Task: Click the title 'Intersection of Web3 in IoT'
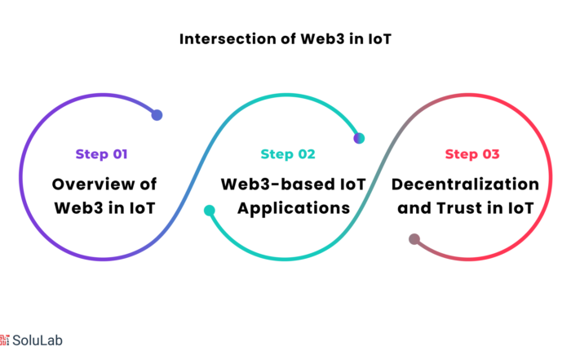tap(285, 39)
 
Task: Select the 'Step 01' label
tap(102, 154)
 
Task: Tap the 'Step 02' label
tap(288, 154)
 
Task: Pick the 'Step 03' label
tap(472, 154)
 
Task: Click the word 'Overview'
tap(93, 184)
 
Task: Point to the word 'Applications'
tap(294, 209)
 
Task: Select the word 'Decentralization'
tap(465, 184)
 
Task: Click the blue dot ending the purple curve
tap(157, 115)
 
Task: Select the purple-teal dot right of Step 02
tap(359, 139)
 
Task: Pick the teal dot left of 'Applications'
tap(210, 211)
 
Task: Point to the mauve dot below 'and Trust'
tap(414, 239)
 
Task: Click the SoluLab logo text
tap(38, 340)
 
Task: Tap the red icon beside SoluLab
tap(5, 340)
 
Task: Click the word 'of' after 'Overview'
tap(148, 184)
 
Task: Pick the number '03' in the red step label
tap(491, 154)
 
